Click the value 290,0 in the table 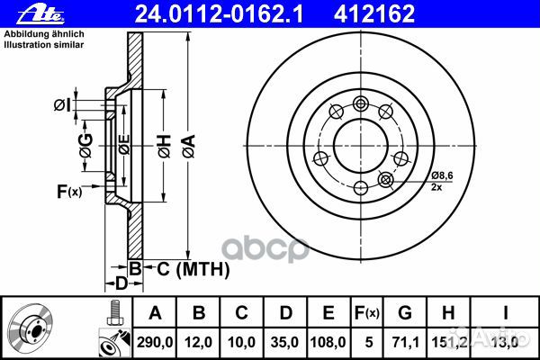155,340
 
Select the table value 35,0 285,340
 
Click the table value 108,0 328,340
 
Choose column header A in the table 155,312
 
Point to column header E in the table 328,312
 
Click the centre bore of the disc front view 361,144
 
